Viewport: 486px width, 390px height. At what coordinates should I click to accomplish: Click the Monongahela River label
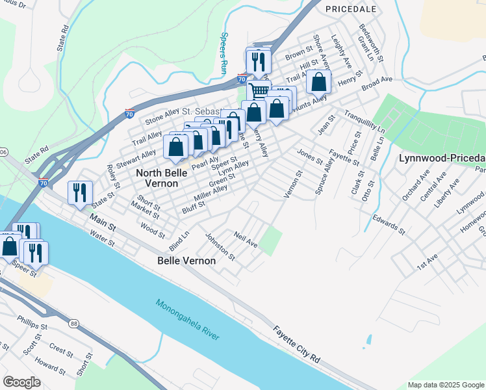coord(188,318)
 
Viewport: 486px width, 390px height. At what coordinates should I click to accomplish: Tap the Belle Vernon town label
coord(187,261)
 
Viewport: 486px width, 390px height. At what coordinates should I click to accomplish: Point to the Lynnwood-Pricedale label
coord(442,159)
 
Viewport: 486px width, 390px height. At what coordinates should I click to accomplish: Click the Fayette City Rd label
coord(297,344)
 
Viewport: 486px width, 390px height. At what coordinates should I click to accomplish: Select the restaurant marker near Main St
coord(81,192)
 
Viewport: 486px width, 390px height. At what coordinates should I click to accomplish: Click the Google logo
coord(21,382)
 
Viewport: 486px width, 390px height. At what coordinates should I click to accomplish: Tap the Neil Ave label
coord(246,240)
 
